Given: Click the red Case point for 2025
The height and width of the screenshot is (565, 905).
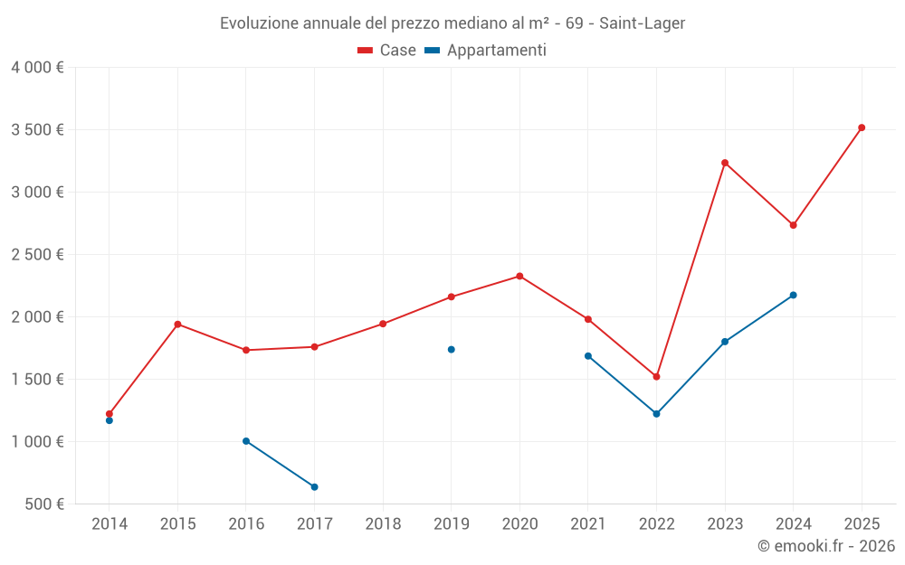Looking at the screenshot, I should [x=862, y=127].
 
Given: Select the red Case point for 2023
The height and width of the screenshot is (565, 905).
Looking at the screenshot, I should [x=725, y=163].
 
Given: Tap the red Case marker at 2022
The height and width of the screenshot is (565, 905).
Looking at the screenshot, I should [x=656, y=377].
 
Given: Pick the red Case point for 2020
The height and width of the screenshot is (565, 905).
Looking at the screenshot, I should [x=519, y=276].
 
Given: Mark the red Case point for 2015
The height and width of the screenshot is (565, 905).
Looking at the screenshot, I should [x=177, y=324].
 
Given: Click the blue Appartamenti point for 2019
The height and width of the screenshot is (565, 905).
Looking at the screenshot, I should [x=451, y=350].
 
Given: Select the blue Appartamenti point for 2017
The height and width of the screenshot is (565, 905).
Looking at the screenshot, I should [x=314, y=487].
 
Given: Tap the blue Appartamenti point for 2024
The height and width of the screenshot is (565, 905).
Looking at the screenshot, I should [x=794, y=295].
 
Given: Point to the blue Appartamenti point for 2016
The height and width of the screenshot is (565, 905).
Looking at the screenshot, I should [x=246, y=441].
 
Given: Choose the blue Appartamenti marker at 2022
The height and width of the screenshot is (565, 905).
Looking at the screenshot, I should [x=656, y=414].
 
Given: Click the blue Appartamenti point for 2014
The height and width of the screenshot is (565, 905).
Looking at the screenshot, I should [x=110, y=420].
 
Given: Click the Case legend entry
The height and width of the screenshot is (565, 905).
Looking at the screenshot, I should [x=387, y=51].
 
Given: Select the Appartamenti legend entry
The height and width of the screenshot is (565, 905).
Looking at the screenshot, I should [x=486, y=51].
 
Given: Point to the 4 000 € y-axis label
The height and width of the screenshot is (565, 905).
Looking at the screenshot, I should [x=37, y=68].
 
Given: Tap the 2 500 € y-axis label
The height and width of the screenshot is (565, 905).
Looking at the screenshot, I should [x=37, y=255].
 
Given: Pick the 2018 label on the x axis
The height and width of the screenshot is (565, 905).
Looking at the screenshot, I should [x=383, y=524].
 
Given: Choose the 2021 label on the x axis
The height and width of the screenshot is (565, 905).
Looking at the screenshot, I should [x=588, y=524].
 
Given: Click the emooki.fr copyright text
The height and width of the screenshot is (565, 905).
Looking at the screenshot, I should [x=825, y=546].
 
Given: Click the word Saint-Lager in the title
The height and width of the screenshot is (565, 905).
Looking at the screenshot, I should [x=648, y=23].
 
